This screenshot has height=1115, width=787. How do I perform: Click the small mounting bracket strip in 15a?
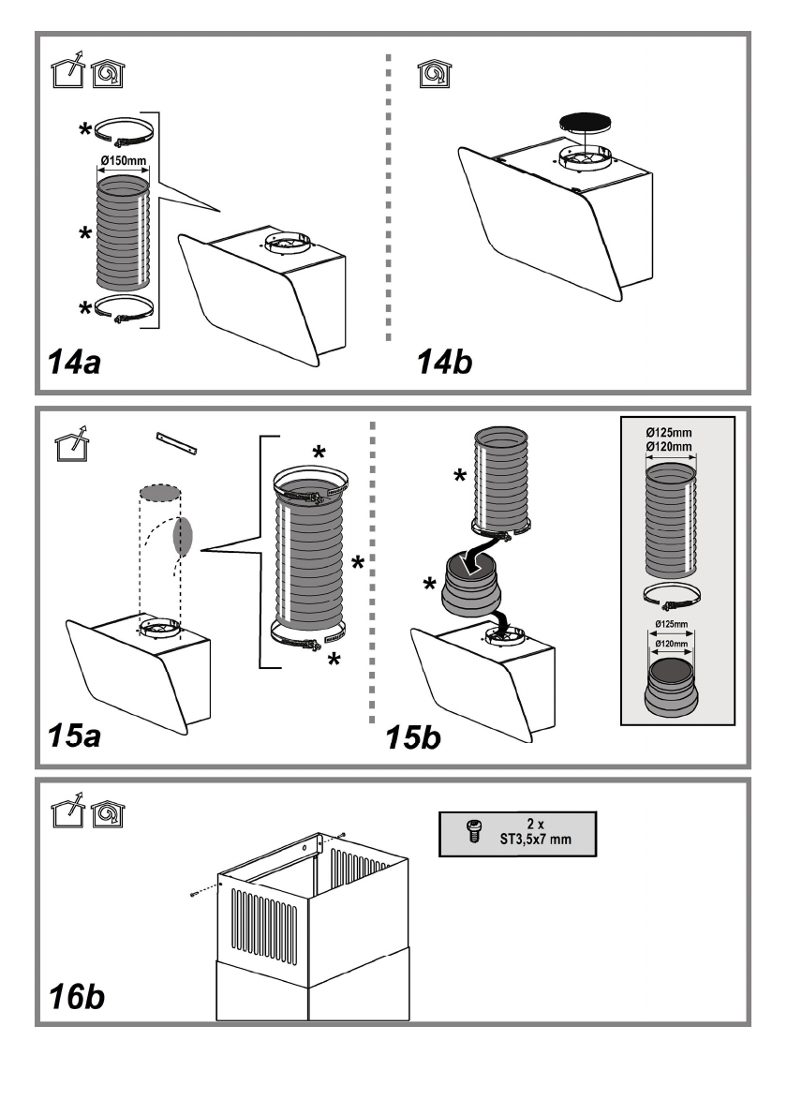[x=179, y=442]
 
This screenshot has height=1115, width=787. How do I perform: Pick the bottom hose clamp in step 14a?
[x=124, y=308]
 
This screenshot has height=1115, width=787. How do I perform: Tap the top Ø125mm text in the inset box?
[x=670, y=434]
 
